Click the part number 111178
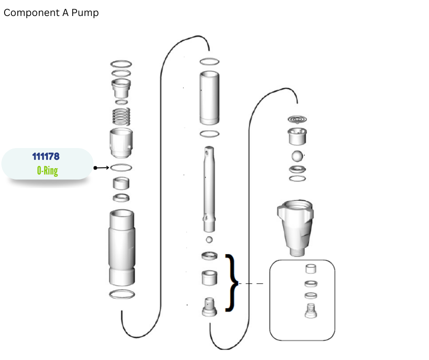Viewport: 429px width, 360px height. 46,156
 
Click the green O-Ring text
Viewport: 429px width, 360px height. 47,171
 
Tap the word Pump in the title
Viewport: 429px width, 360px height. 85,13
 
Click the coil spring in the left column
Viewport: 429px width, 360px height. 121,116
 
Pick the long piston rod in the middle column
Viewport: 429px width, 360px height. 209,189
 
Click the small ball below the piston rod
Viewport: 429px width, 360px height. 209,240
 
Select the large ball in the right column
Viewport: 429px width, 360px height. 297,156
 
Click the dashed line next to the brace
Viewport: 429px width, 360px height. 251,284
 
